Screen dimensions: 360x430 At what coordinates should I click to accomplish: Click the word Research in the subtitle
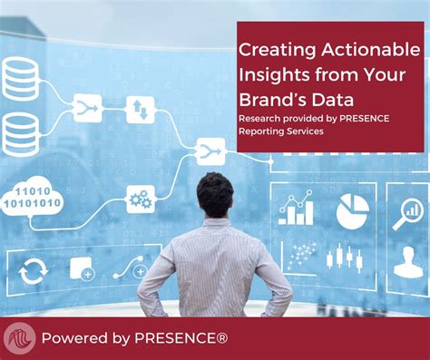261,119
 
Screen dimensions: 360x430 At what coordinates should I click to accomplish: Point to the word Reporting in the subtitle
264,132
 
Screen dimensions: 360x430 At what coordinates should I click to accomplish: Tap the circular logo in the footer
18,338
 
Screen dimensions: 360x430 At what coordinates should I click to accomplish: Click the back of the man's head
215,193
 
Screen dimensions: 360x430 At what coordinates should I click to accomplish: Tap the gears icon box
140,198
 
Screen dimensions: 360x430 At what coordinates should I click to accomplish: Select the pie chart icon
352,211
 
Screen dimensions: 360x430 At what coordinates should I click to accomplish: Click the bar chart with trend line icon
297,210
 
